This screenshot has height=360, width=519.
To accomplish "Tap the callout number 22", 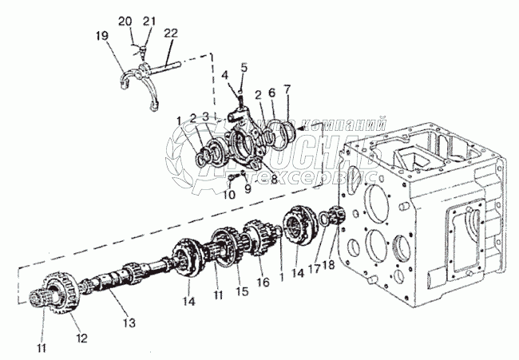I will [171, 33].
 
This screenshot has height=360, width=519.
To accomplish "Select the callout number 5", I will [244, 67].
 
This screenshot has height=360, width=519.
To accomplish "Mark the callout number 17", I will [315, 269].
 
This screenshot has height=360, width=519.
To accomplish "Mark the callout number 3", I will [208, 117].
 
